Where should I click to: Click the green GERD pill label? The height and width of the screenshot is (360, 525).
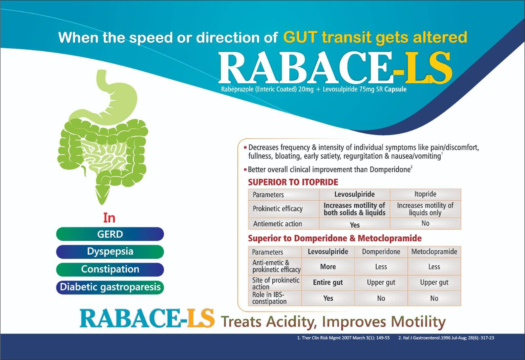[x=110, y=234]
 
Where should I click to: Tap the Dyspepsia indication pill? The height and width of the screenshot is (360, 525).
[x=110, y=252]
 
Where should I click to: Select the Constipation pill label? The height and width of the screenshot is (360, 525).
[x=110, y=270]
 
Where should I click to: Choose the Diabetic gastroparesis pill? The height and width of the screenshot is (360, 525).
[x=110, y=288]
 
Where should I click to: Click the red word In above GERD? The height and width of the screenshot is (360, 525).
[x=109, y=218]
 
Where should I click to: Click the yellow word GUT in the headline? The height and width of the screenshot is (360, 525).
[x=300, y=37]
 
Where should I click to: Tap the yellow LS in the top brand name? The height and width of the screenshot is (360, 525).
[x=429, y=68]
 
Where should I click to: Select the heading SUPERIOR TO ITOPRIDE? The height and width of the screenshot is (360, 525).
[x=293, y=182]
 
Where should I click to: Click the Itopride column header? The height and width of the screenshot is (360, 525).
[x=425, y=194]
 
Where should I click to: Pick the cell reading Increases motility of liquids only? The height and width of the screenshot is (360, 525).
[x=425, y=209]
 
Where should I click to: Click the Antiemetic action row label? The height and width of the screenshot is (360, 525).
[x=278, y=224]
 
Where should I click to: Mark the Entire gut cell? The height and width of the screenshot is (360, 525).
[x=328, y=283]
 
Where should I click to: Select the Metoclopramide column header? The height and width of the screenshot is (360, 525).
[x=434, y=252]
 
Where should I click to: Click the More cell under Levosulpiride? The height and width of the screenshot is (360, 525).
[x=328, y=267]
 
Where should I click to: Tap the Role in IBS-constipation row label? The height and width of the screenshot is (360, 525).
[x=269, y=298]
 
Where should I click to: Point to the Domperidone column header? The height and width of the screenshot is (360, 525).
[x=381, y=252]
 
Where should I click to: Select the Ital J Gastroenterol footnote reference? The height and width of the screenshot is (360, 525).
[x=446, y=338]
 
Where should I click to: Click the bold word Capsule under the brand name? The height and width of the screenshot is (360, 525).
[x=395, y=89]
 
